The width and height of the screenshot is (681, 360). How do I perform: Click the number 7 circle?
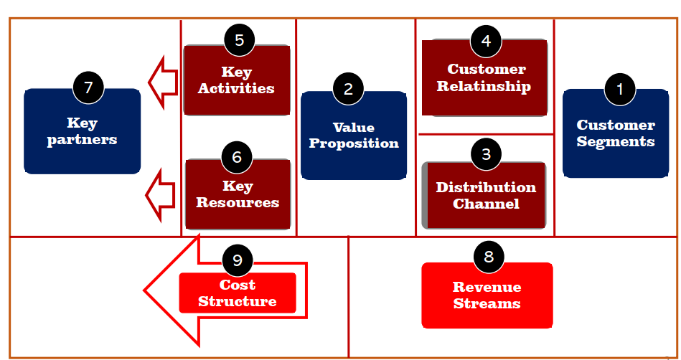pos(88,87)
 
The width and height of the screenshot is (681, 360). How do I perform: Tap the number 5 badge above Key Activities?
pos(239,40)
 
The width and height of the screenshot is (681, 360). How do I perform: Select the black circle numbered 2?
pos(348,89)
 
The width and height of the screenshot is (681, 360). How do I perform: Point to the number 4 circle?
pos(486,41)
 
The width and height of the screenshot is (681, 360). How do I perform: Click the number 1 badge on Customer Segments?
pos(620,89)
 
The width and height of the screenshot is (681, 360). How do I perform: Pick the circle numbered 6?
pos(237,157)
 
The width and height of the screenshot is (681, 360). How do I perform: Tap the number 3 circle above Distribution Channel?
pos(486,153)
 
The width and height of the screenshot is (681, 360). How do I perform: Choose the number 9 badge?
pos(237,260)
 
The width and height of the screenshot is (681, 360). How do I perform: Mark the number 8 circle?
pos(489,257)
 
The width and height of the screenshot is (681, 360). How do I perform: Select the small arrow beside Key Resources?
pos(160,195)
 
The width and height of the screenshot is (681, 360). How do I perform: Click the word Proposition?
pos(354,143)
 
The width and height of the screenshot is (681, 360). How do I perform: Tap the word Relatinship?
pos(484,87)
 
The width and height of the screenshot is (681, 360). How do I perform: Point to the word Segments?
pos(616,142)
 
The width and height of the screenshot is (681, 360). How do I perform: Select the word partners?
pos(82,140)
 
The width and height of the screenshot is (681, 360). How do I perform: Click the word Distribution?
pos(486,187)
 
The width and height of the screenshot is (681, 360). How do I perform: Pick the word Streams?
pos(487,303)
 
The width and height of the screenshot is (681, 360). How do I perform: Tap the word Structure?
pos(238,301)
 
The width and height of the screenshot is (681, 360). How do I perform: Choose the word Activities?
pos(236,88)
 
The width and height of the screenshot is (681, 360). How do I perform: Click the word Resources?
pos(238,202)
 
